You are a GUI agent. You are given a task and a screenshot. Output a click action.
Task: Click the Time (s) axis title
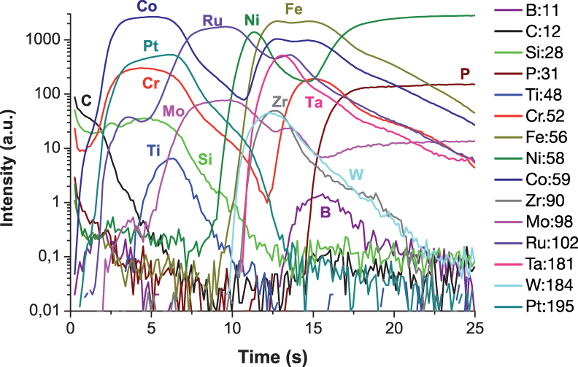[x=272, y=356]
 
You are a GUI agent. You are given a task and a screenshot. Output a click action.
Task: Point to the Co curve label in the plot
[x=148, y=7]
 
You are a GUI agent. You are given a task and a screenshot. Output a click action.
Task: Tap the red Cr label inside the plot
[x=150, y=83]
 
